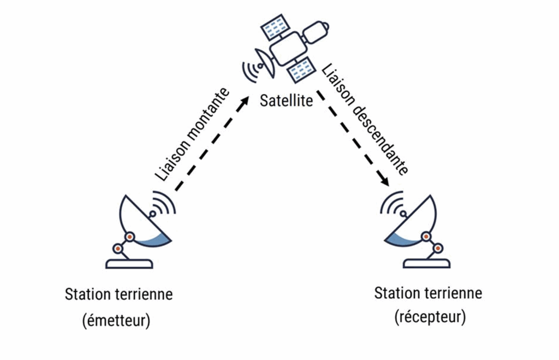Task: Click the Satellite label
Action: click(287, 101)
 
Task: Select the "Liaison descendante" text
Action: click(364, 120)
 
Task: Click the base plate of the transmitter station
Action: click(129, 264)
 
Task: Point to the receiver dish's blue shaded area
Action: click(404, 238)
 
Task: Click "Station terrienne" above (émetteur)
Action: click(118, 294)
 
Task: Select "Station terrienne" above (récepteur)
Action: click(428, 293)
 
